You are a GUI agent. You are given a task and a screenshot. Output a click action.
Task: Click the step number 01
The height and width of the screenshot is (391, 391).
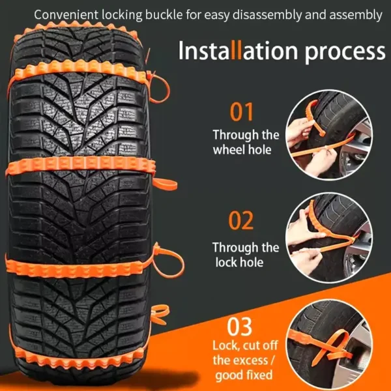point(241,112)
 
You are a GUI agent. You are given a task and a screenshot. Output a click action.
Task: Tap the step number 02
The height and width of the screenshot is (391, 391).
point(241,220)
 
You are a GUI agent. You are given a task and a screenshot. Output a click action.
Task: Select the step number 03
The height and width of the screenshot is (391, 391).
point(239,326)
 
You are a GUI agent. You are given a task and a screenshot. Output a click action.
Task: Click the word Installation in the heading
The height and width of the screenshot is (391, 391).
point(238,51)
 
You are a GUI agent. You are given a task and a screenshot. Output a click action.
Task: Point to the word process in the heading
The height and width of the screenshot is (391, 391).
point(345,53)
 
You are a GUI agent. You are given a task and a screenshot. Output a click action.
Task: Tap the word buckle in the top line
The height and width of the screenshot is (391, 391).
point(164,15)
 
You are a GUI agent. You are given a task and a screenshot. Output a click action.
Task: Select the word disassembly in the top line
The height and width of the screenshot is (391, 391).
point(267,15)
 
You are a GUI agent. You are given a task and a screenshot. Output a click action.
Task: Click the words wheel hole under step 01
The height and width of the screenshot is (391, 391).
point(242,150)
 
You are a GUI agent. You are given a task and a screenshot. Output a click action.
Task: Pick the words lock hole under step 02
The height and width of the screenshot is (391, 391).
point(239,263)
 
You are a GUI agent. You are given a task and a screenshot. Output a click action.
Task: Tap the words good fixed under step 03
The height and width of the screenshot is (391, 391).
point(244,375)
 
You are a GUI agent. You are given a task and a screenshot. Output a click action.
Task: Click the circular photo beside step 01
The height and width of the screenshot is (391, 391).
point(329,135)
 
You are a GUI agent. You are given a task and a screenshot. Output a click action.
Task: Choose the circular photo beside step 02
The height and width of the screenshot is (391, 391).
point(329,238)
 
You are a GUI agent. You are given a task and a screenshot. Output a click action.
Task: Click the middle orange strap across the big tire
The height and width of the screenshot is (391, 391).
point(80,166)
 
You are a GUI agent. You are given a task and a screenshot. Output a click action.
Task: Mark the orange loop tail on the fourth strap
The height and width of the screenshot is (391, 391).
point(169,261)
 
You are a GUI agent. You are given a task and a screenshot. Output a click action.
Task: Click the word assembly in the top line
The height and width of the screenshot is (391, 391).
point(356,15)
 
